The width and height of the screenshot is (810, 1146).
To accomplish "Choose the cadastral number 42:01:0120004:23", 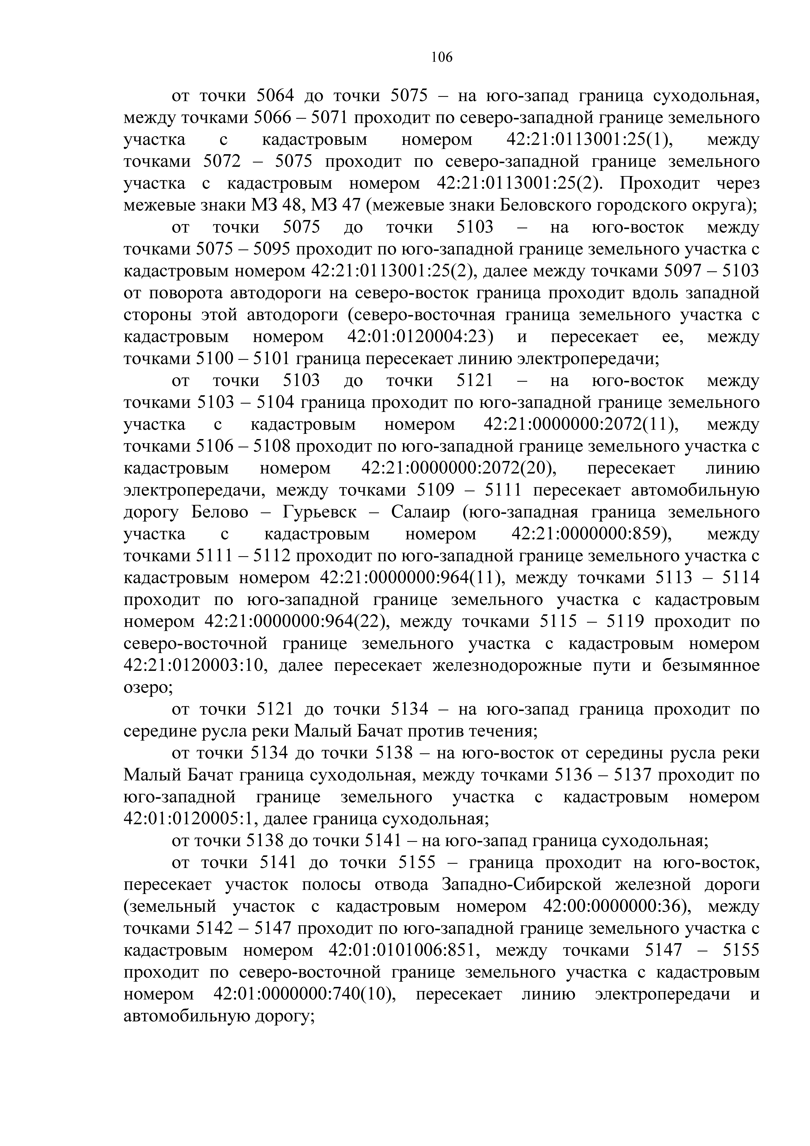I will pos(420,337).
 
